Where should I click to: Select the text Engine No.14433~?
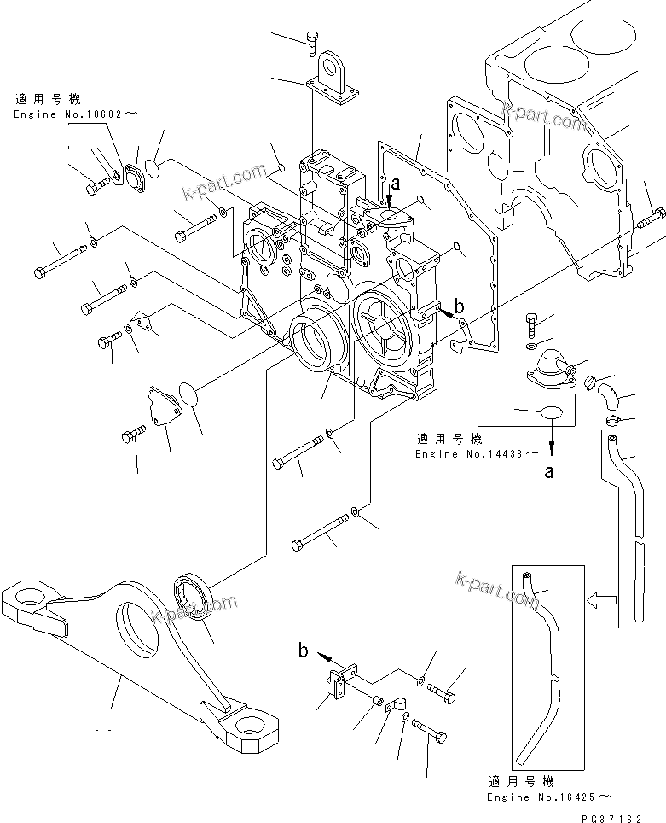point(477,453)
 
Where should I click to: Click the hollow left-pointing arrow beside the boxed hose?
point(601,599)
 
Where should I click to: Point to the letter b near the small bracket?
point(304,651)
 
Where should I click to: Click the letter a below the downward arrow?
point(550,470)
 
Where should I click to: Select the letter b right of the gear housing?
point(460,305)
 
